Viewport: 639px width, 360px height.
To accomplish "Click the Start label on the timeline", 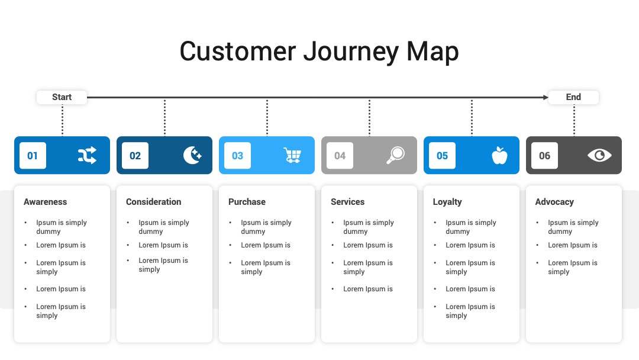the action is tap(62, 97).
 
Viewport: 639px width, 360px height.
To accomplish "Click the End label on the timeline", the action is tap(573, 97).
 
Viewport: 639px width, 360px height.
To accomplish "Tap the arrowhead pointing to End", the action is tap(546, 98).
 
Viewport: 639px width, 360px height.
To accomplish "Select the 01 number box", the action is tap(33, 155).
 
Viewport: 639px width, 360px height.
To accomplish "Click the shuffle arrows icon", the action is tap(87, 155).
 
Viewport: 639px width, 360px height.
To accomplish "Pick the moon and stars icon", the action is tap(192, 155).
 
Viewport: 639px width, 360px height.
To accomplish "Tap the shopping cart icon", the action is tap(292, 155).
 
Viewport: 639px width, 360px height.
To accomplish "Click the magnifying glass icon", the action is tap(395, 155).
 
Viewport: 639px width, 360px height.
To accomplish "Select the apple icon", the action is tap(499, 155).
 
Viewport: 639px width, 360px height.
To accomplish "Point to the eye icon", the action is tap(599, 155).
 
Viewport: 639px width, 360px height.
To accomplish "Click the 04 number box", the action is tap(340, 155).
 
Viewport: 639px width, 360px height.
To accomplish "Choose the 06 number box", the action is tap(544, 155).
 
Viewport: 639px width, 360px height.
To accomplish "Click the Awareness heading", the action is tap(45, 202).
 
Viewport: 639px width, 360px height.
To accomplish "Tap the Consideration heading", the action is tap(154, 202).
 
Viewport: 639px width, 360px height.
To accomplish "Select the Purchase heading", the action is tap(247, 202).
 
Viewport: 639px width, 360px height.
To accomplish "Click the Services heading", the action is tap(348, 202).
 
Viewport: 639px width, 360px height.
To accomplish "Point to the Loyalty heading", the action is tap(447, 202).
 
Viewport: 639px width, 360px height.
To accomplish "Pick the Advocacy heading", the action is tap(554, 202).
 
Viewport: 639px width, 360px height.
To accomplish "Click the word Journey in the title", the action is tap(351, 52).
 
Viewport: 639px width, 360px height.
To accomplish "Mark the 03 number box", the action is tap(238, 155).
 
